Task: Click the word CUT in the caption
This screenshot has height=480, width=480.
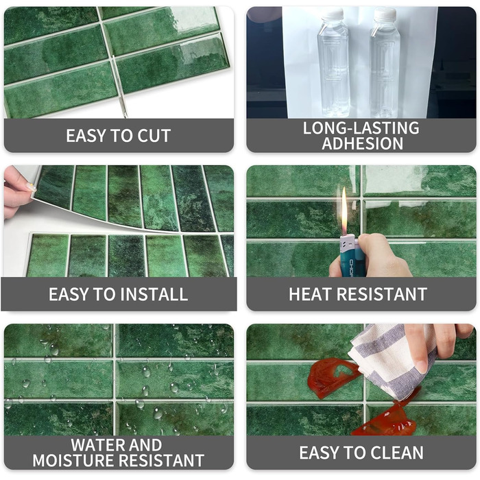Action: coord(154,136)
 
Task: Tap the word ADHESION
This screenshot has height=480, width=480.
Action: coord(363,143)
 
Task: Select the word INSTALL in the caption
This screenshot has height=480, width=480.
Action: coord(154,294)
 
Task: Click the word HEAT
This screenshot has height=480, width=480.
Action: coord(311,294)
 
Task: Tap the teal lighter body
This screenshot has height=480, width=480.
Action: coord(348,257)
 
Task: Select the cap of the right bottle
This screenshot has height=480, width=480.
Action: coord(385,14)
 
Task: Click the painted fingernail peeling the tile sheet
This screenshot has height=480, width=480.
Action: coord(30,187)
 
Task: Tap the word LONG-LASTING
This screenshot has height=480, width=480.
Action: coord(361,128)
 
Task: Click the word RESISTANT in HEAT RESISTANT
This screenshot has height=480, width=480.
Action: coord(383,294)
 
